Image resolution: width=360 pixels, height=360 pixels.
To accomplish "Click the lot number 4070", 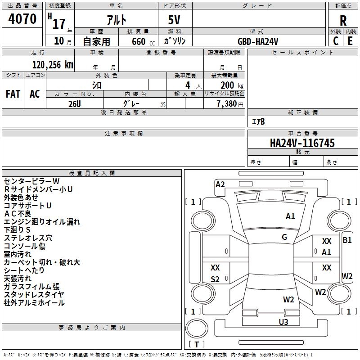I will (22, 18).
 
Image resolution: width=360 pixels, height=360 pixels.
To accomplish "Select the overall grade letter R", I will (343, 21).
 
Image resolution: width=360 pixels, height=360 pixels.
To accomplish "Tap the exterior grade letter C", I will (336, 40).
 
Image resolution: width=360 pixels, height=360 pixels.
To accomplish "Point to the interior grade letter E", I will (350, 40).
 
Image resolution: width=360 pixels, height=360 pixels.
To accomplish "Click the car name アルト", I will (116, 19).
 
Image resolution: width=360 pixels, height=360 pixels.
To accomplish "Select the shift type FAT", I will (13, 94).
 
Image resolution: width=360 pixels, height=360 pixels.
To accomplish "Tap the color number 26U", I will (75, 103).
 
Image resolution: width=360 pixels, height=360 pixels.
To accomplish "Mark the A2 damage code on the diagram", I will (220, 184).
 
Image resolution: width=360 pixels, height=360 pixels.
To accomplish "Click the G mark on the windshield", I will (284, 237).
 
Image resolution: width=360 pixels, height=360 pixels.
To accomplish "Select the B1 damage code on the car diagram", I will (347, 240).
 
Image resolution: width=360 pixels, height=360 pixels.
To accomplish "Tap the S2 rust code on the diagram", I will (215, 279).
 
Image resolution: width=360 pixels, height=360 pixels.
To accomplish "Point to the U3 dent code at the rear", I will (283, 322).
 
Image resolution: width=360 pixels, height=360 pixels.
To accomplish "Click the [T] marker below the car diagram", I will (196, 344).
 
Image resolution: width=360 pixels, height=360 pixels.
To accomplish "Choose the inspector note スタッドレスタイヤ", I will (34, 295).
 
